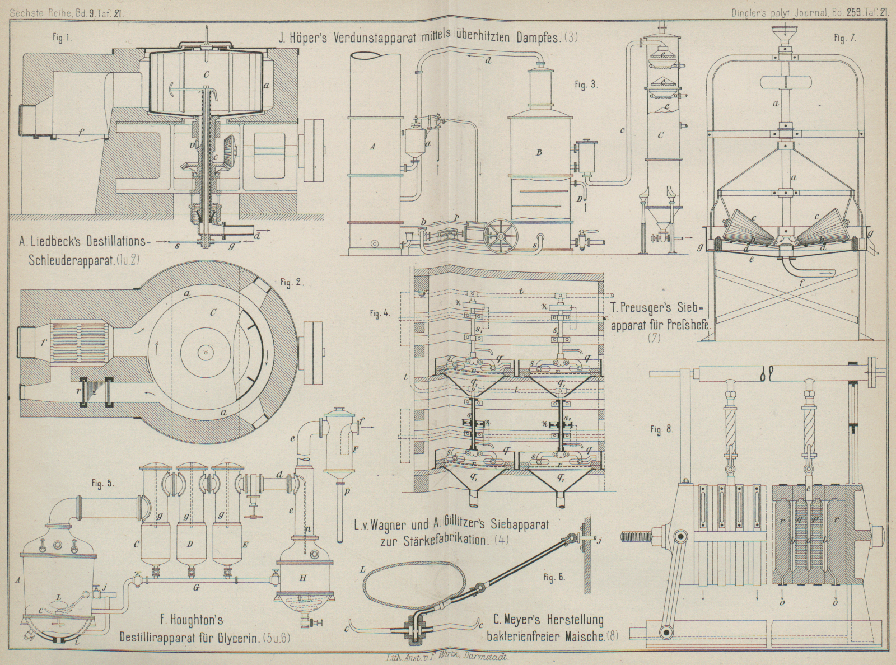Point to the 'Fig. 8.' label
click(x=663, y=430)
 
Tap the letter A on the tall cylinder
click(x=371, y=148)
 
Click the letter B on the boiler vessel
click(x=539, y=152)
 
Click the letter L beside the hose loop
click(x=363, y=569)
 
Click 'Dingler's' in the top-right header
click(x=754, y=9)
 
